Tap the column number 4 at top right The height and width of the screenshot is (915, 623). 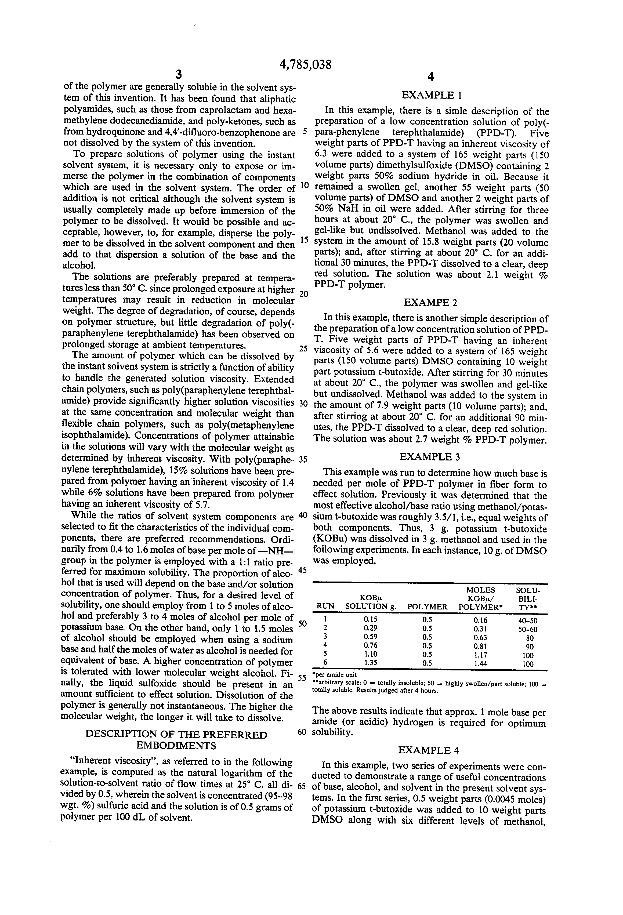pyautogui.click(x=431, y=77)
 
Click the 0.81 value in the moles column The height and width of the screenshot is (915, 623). pyautogui.click(x=480, y=646)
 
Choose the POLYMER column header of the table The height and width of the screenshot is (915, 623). pyautogui.click(x=427, y=607)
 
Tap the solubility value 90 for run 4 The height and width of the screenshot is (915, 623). pyautogui.click(x=528, y=647)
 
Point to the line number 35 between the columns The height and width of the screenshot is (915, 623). pyautogui.click(x=303, y=460)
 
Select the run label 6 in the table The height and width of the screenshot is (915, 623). pyautogui.click(x=325, y=663)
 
